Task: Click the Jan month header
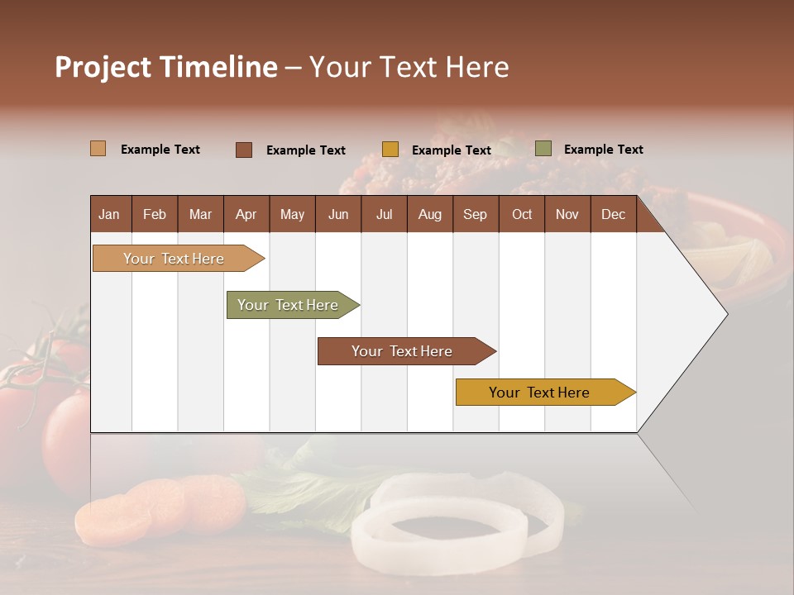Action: [x=109, y=214]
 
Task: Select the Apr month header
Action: [x=246, y=214]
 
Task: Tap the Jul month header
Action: [x=384, y=214]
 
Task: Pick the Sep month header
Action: [x=475, y=214]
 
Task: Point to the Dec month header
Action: [x=613, y=214]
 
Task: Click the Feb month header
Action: [x=155, y=214]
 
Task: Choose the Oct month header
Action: [x=522, y=214]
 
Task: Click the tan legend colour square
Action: [x=98, y=149]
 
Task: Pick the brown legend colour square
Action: [x=243, y=150]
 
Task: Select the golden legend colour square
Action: [x=390, y=150]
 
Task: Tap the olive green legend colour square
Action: [x=543, y=149]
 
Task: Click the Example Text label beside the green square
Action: [x=603, y=150]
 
